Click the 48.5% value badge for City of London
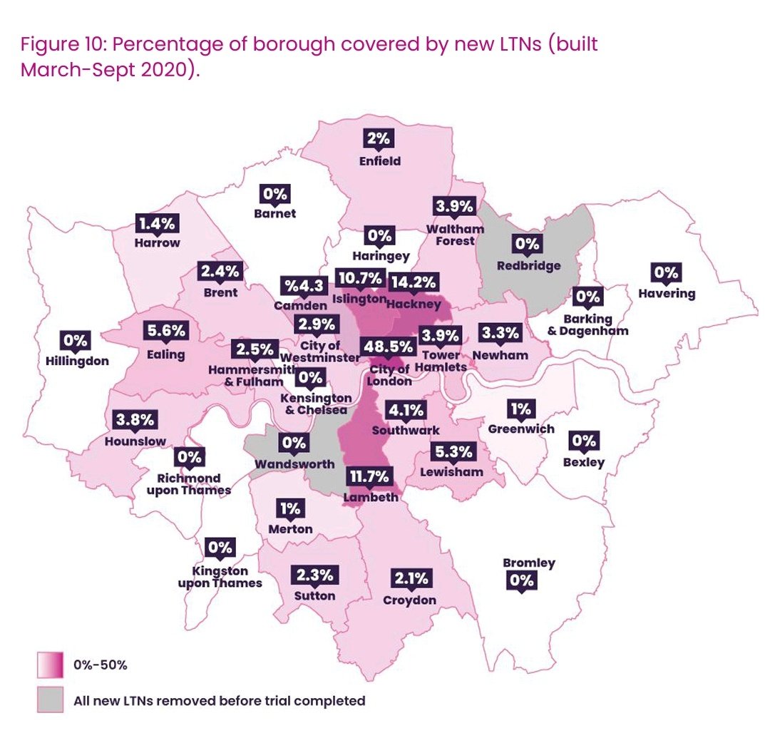[388, 347]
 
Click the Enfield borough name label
[379, 161]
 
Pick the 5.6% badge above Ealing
[166, 331]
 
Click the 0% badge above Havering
[667, 272]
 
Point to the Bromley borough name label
[528, 563]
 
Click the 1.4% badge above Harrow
[156, 222]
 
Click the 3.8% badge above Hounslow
[133, 420]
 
